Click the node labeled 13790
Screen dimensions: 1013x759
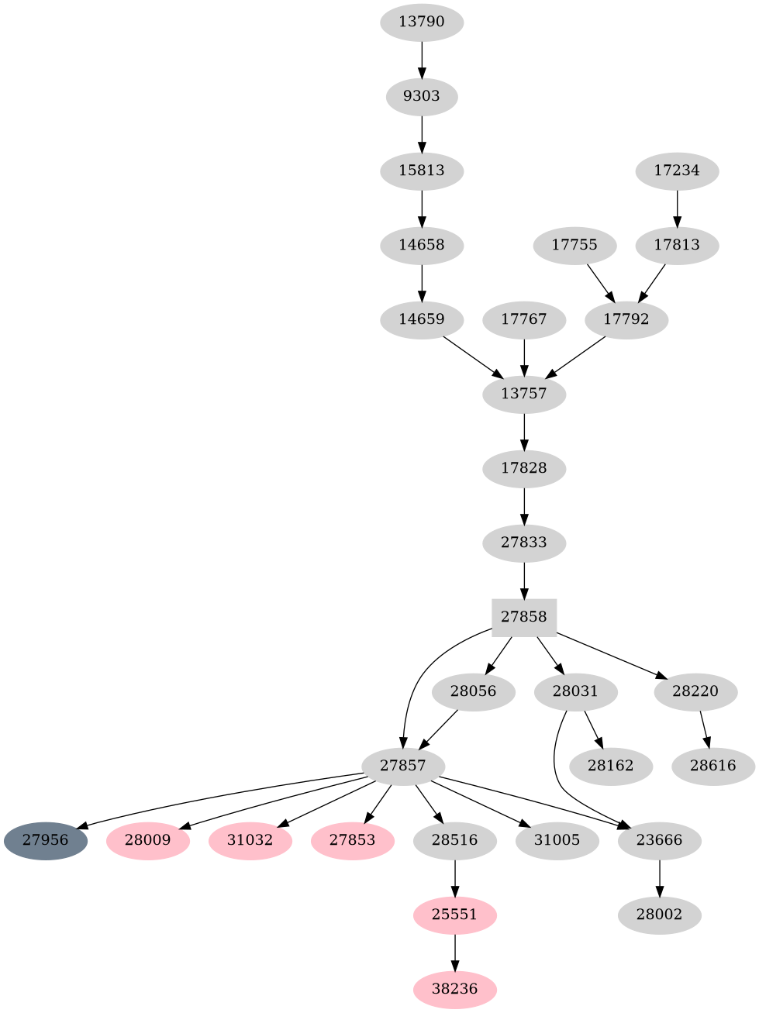pos(422,22)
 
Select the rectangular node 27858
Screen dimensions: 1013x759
pos(524,617)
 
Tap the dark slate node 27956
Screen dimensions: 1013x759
pos(45,840)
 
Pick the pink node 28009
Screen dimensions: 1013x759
pos(147,840)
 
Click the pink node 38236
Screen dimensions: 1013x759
pos(454,989)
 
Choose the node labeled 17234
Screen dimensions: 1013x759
pos(677,171)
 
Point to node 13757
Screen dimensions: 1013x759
pos(524,394)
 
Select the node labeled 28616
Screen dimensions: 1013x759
pos(712,766)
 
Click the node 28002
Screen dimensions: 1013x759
pos(659,915)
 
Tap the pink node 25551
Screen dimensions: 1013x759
pos(454,915)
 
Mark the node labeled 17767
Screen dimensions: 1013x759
pos(524,319)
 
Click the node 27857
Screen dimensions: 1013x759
pos(403,766)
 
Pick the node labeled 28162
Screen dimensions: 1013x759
pos(610,766)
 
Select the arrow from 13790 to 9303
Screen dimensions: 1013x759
pos(422,59)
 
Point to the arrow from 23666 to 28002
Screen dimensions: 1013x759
pos(659,877)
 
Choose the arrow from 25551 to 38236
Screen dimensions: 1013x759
pos(454,952)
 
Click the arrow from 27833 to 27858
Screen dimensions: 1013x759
pos(524,580)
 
